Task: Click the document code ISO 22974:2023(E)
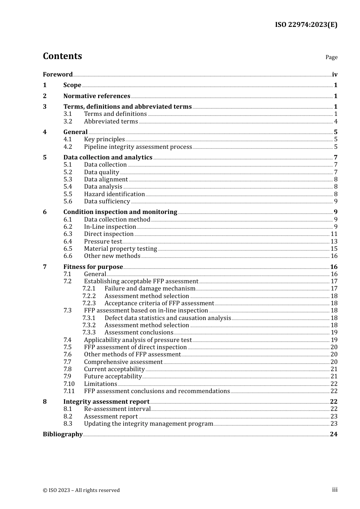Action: (x=306, y=25)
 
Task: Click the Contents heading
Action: (x=62, y=56)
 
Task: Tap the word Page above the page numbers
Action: (x=331, y=57)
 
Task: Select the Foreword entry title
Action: (x=58, y=75)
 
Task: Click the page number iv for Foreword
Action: (x=334, y=75)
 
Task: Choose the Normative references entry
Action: (x=97, y=96)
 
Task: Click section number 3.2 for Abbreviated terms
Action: (x=68, y=122)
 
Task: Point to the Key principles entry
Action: (x=104, y=139)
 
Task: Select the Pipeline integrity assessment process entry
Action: (x=138, y=147)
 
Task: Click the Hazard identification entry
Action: (x=114, y=194)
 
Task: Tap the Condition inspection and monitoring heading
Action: (x=120, y=212)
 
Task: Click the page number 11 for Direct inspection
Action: (x=334, y=234)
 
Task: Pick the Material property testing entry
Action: (x=121, y=249)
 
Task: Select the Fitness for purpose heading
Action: (x=93, y=267)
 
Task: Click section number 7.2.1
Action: (x=89, y=289)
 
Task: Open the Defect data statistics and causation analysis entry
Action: (x=167, y=318)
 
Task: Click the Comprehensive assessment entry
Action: (x=123, y=362)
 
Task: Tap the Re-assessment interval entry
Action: (x=117, y=409)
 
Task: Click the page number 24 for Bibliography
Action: (x=333, y=434)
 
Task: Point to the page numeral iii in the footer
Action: (x=335, y=490)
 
